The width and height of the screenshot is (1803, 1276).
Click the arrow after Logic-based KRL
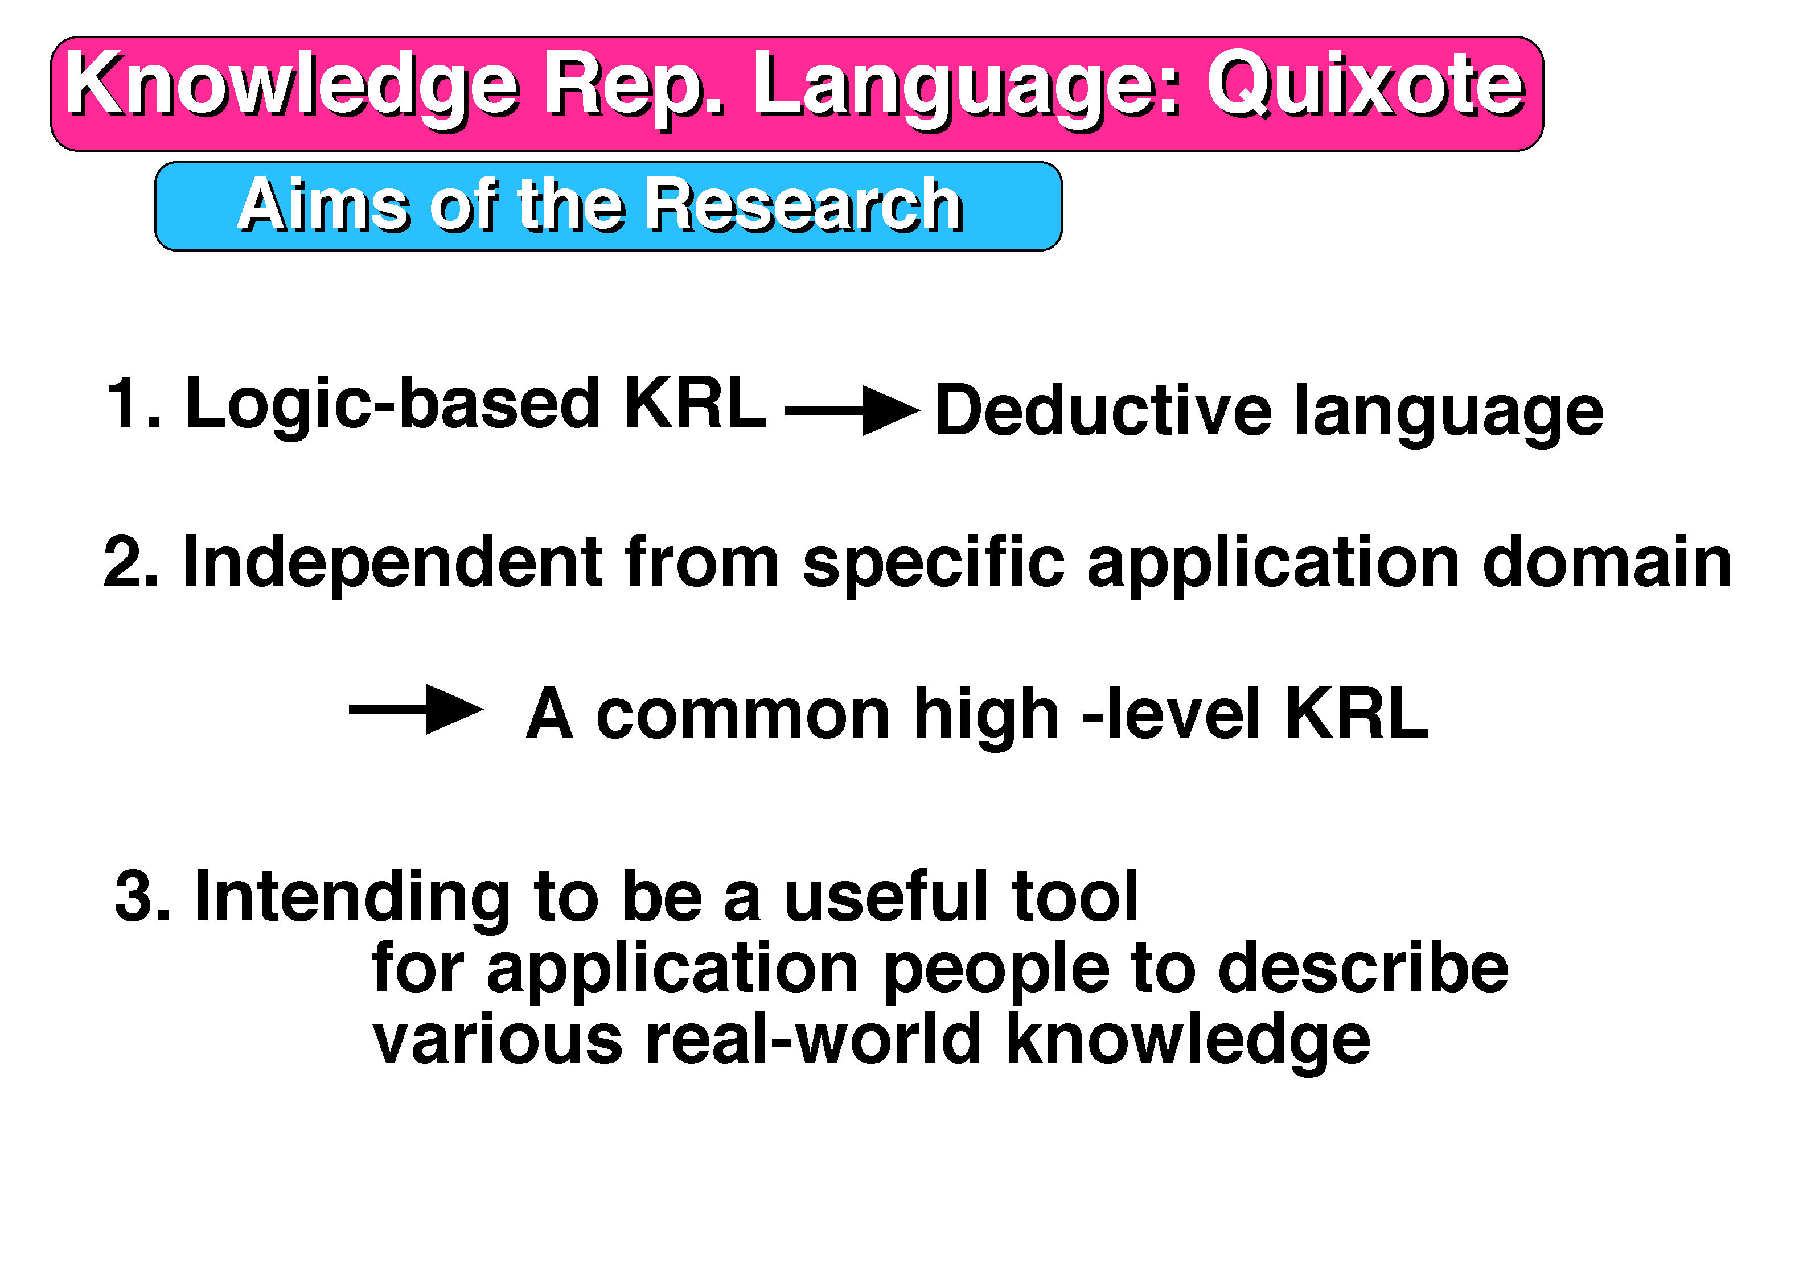click(x=852, y=410)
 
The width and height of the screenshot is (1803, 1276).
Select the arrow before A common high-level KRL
click(x=416, y=710)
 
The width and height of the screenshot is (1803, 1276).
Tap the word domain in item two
click(x=1607, y=562)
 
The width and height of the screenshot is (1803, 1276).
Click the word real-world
click(x=814, y=1039)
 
